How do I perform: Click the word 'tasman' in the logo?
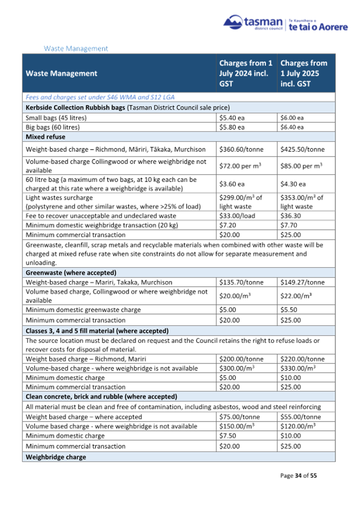click(x=264, y=22)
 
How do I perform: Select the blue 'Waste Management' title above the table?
click(x=76, y=49)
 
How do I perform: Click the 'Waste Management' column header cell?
click(x=62, y=73)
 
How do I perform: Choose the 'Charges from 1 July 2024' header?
click(x=246, y=73)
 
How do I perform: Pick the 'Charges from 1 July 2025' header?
click(x=304, y=73)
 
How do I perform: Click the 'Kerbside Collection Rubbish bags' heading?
click(x=75, y=108)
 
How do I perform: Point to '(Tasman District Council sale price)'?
click(x=178, y=108)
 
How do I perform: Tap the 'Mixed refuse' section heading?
click(x=46, y=137)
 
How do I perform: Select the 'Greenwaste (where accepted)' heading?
click(x=71, y=273)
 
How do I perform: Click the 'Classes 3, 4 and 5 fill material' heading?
click(x=97, y=331)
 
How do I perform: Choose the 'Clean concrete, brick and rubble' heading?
click(x=101, y=397)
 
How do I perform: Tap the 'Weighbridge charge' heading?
click(x=56, y=457)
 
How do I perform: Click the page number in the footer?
click(x=298, y=476)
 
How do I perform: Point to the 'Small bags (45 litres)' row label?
click(x=56, y=118)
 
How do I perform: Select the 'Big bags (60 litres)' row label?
click(x=53, y=127)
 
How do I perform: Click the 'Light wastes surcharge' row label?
click(x=59, y=198)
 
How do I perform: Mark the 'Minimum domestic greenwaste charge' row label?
click(x=83, y=310)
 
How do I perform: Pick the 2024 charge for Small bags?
click(x=232, y=118)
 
